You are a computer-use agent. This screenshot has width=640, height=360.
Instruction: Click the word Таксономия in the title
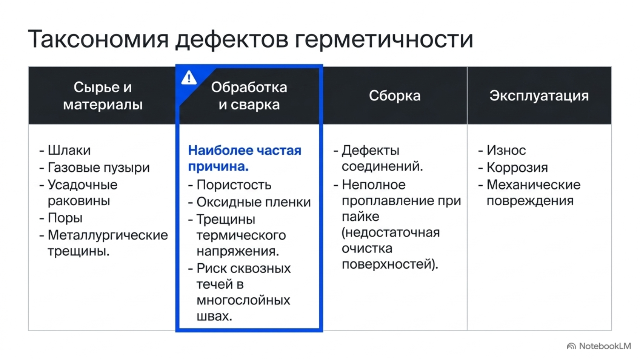[x=98, y=39]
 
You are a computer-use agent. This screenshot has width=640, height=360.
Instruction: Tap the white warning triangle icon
[x=189, y=78]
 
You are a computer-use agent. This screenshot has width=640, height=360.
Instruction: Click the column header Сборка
[x=394, y=96]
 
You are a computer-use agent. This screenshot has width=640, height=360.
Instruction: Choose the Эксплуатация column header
[x=539, y=96]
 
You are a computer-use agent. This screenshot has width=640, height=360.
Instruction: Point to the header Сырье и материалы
[x=103, y=96]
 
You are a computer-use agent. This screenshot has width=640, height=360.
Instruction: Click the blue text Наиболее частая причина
[x=244, y=158]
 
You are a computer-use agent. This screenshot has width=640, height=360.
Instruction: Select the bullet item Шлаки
[x=69, y=150]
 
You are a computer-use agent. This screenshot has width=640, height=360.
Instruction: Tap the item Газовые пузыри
[x=98, y=168]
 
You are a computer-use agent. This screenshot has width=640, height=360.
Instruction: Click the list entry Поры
[x=65, y=218]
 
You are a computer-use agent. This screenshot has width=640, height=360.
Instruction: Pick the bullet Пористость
[x=234, y=185]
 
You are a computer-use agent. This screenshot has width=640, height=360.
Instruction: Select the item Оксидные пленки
[x=254, y=202]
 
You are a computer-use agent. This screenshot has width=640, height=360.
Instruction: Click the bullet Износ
[x=506, y=150]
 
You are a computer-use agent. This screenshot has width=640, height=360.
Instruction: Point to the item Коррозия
[x=517, y=168]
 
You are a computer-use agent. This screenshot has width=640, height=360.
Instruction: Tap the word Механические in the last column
[x=534, y=185]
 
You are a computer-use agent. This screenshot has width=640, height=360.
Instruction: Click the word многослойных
[x=243, y=300]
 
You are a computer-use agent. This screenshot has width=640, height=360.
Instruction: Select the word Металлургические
[x=108, y=236]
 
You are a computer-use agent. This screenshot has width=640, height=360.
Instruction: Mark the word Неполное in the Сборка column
[x=374, y=185]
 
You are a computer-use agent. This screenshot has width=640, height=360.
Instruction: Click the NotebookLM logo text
[x=605, y=346]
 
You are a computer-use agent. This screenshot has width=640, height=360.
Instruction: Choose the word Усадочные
[x=82, y=185]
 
